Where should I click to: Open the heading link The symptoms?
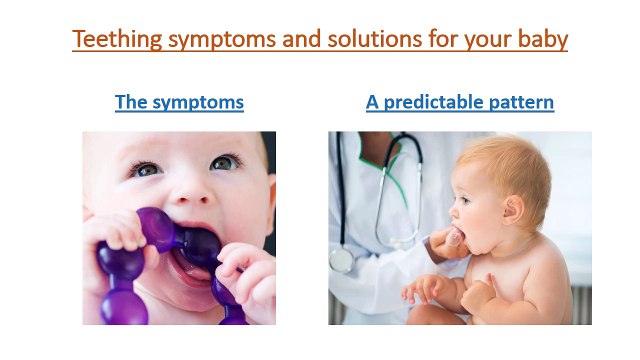[x=179, y=102]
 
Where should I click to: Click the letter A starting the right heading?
[x=372, y=102]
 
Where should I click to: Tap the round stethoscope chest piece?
[x=342, y=260]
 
